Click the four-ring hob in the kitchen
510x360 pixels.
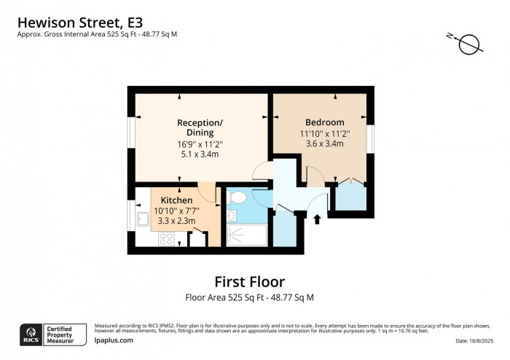(x=165, y=238)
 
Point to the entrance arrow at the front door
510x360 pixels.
(x=317, y=218)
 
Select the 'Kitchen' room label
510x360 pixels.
(x=176, y=200)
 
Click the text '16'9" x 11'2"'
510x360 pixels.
(x=200, y=144)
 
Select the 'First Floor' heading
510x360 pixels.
(x=249, y=281)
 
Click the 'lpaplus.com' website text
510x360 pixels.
(x=114, y=340)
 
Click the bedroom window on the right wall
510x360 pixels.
(x=370, y=138)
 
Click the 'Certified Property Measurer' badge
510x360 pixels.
(x=67, y=334)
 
